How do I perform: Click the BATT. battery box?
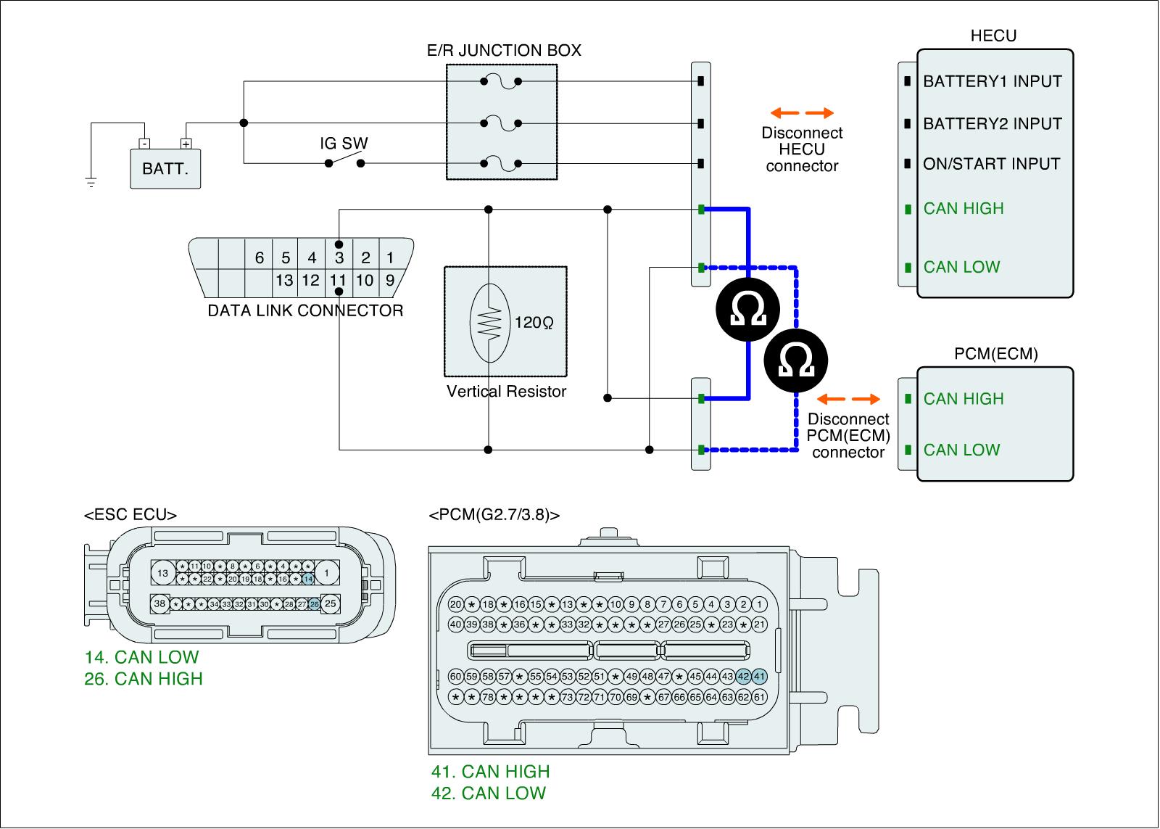[x=165, y=169]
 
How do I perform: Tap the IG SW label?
[x=344, y=143]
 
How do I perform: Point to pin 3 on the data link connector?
[x=339, y=257]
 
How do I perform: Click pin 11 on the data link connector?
[x=338, y=280]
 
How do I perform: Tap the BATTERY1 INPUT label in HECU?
[x=992, y=81]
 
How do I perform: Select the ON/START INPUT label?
[x=991, y=164]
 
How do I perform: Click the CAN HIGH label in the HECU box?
[x=964, y=209]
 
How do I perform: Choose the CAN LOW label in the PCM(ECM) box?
[x=961, y=450]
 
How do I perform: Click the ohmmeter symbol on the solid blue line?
[x=747, y=310]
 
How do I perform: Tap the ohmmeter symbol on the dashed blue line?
[x=795, y=360]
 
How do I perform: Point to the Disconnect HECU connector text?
[x=802, y=149]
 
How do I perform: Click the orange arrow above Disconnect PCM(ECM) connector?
[x=848, y=399]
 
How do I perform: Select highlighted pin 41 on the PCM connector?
[x=759, y=676]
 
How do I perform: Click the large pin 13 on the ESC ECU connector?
[x=162, y=574]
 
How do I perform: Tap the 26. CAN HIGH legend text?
[x=144, y=679]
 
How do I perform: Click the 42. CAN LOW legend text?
[x=489, y=793]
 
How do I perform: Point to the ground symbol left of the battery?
[x=91, y=182]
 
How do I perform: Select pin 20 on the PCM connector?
[x=456, y=605]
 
